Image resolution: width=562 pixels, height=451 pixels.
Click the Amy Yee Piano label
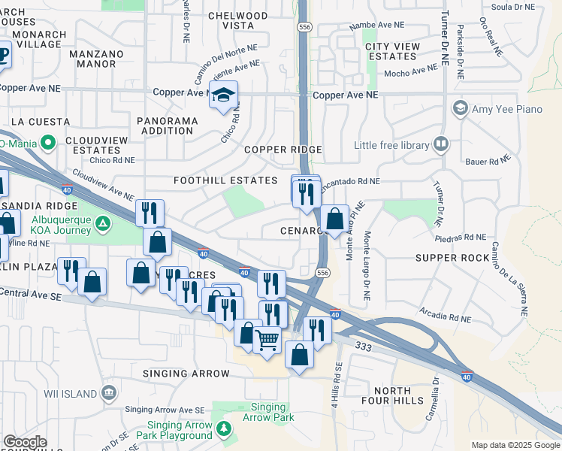pyautogui.click(x=506, y=109)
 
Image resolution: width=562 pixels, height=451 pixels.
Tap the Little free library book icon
pyautogui.click(x=441, y=144)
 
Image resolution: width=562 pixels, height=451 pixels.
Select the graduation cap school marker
pyautogui.click(x=222, y=95)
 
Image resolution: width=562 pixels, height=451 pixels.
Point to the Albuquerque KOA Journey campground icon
pyautogui.click(x=104, y=223)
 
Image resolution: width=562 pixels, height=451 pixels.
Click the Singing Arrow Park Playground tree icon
pyautogui.click(x=223, y=428)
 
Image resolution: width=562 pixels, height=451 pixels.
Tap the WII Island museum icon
pyautogui.click(x=109, y=392)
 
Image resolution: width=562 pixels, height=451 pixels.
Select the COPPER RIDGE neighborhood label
pyautogui.click(x=283, y=150)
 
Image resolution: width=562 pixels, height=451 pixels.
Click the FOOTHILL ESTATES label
pyautogui.click(x=225, y=180)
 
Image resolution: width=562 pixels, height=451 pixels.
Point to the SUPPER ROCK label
pyautogui.click(x=452, y=258)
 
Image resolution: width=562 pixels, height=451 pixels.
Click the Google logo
pyautogui.click(x=25, y=442)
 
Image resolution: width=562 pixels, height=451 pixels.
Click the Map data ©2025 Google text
pyautogui.click(x=515, y=445)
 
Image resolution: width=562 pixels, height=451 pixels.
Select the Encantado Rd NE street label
pyautogui.click(x=350, y=182)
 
